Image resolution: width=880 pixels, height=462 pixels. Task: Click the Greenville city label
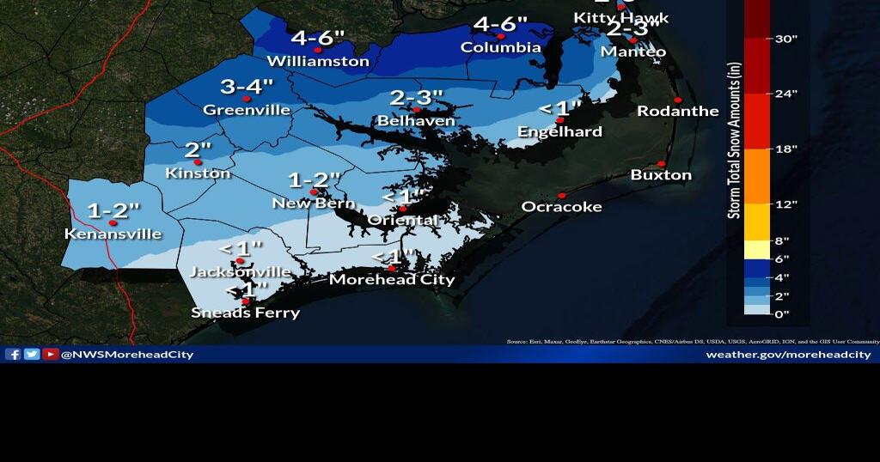246,110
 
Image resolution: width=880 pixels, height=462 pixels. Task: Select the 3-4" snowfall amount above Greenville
247,86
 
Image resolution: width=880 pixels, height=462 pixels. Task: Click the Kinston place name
198,173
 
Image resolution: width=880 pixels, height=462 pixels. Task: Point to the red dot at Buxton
661,164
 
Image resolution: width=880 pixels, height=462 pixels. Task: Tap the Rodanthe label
677,112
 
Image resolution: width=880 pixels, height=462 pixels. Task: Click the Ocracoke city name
562,207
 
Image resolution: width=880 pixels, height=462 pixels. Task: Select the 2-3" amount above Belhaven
416,98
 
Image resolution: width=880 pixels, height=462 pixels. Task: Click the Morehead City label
392,279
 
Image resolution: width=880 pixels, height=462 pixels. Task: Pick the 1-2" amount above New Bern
315,180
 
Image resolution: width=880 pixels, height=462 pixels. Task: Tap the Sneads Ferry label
246,313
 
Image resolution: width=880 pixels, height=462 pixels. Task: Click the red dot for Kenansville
113,223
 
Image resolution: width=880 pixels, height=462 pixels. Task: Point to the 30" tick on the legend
787,39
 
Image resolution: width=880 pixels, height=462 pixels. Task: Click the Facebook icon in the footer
13,355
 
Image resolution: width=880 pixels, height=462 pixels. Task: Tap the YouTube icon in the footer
51,355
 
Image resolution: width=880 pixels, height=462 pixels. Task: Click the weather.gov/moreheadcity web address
788,355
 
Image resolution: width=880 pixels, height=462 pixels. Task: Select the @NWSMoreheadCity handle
127,355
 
